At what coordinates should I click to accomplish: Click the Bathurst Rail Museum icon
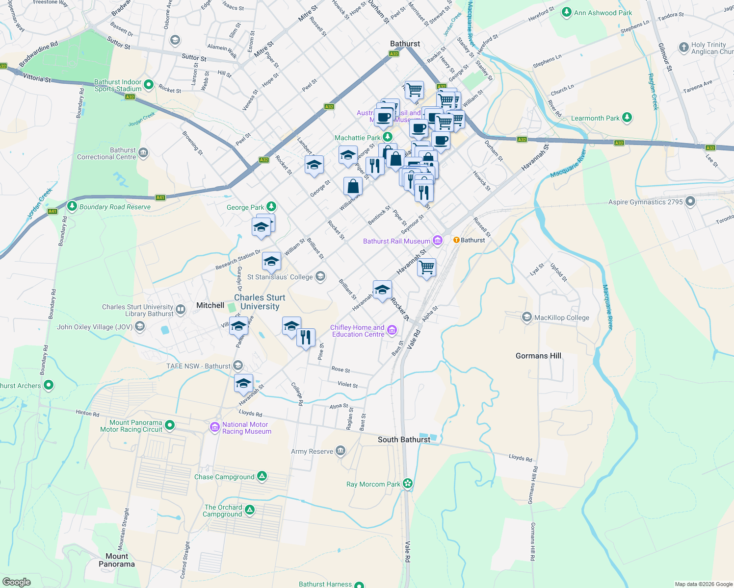coord(437,241)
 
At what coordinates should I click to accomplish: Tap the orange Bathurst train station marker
coord(456,240)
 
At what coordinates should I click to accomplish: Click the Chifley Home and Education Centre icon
coord(392,331)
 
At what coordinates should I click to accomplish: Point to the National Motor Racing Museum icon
coord(214,428)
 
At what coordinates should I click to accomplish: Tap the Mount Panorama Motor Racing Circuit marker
coord(170,425)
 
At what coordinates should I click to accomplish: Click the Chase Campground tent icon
coord(262,476)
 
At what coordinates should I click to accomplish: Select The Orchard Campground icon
coord(249,511)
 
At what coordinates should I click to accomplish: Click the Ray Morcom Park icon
coord(407,484)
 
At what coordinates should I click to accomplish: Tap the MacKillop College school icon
coord(527,317)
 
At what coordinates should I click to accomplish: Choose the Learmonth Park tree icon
coord(627,118)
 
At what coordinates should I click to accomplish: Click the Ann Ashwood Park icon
coord(567,12)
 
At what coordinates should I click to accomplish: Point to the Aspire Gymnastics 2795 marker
coord(690,201)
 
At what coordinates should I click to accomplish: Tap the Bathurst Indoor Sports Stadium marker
coord(149,85)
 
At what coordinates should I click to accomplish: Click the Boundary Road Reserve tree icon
coord(72,206)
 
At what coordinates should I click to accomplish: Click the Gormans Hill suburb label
coord(538,356)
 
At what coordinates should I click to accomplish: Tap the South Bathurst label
coord(404,440)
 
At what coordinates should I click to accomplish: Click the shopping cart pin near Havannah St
coord(426,268)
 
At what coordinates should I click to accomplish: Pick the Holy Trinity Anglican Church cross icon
coord(683,48)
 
